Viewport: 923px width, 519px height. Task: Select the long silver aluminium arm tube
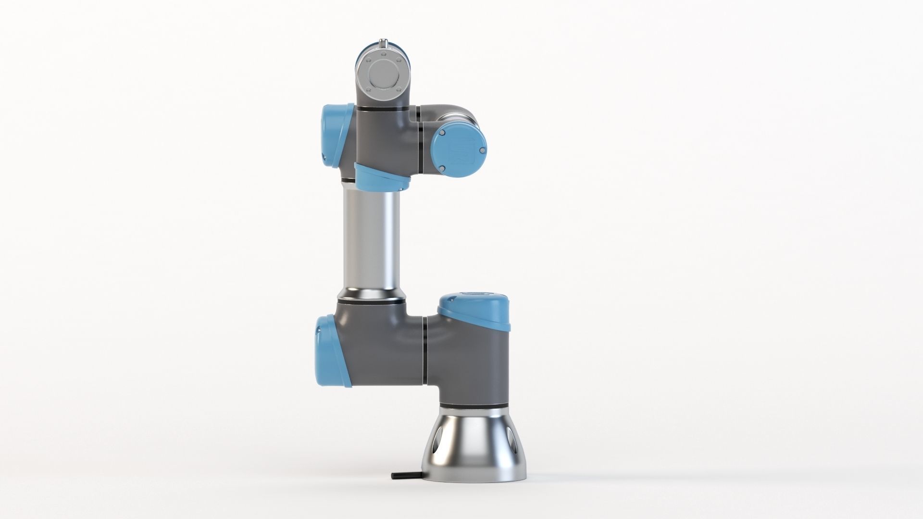371,240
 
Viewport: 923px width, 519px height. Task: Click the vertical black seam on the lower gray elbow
425,351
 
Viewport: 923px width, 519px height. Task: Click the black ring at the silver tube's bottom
371,301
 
